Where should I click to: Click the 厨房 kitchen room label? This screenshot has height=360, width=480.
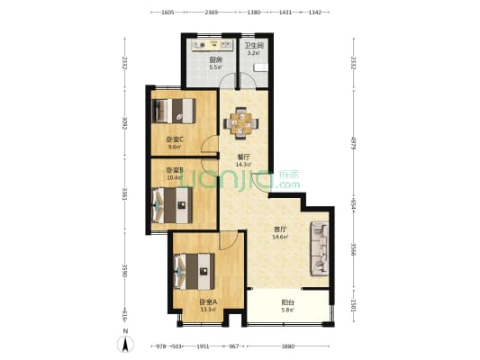tap(214, 59)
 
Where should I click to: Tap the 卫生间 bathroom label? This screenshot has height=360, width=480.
tap(254, 46)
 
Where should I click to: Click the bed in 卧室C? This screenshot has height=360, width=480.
tap(175, 111)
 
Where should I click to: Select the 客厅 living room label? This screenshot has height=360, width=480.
tap(280, 229)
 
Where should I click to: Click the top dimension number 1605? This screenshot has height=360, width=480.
tap(168, 13)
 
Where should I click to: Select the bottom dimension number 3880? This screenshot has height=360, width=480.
tap(287, 346)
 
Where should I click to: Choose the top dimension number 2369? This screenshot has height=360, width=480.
tap(211, 13)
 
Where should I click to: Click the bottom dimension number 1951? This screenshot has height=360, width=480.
tap(204, 346)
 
